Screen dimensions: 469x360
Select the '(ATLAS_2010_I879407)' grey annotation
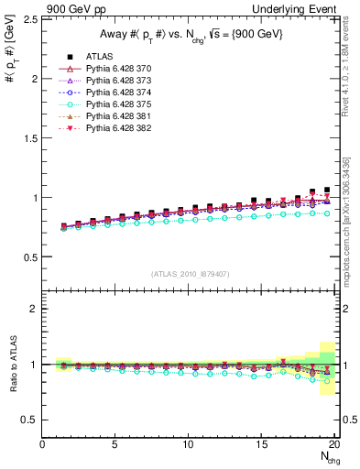point(190,274)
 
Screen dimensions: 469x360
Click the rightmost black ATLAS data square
point(327,191)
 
